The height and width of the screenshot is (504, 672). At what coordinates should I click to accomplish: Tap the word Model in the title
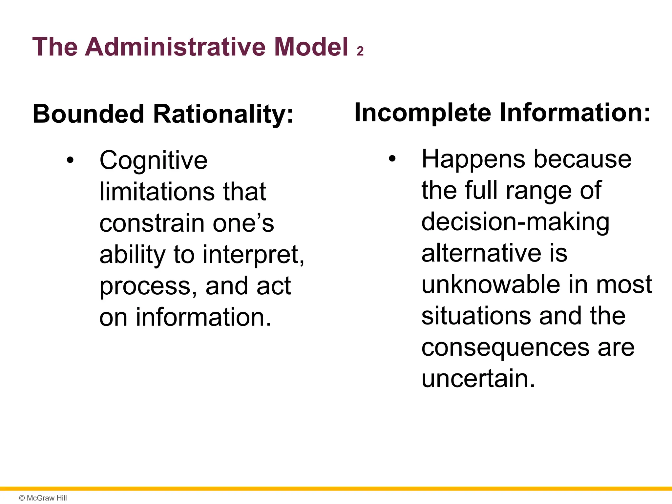311,47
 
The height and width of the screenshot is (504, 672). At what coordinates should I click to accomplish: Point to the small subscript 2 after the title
360,52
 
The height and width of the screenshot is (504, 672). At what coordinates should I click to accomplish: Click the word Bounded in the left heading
88,114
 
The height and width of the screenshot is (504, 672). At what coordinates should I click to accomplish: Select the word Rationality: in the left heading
223,115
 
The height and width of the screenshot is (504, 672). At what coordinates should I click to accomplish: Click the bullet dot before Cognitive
70,161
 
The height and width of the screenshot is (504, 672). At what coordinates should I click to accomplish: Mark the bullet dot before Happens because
392,159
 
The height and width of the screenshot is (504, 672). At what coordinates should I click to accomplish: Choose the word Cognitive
154,161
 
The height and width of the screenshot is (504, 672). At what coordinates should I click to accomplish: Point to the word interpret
253,255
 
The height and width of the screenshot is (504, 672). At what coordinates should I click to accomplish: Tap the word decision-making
515,222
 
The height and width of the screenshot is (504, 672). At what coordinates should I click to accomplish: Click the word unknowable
491,284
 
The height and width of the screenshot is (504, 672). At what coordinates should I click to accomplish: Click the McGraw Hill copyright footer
43,498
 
